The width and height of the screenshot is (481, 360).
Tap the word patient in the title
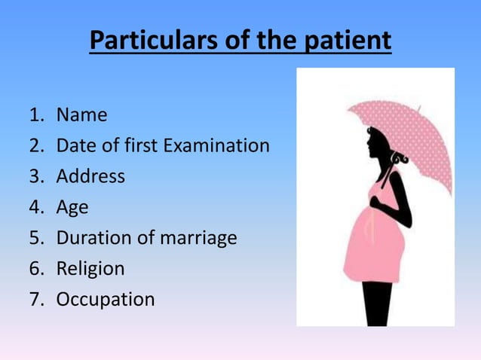click(x=348, y=41)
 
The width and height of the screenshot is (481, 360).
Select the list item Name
click(x=82, y=115)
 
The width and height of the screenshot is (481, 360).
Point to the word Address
click(x=90, y=176)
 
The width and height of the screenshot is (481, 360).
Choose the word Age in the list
click(x=72, y=207)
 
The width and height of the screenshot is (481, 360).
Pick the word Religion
click(x=90, y=269)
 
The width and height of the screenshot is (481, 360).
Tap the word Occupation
click(x=106, y=300)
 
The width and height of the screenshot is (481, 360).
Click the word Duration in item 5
click(x=91, y=238)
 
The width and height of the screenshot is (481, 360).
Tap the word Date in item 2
click(x=73, y=145)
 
